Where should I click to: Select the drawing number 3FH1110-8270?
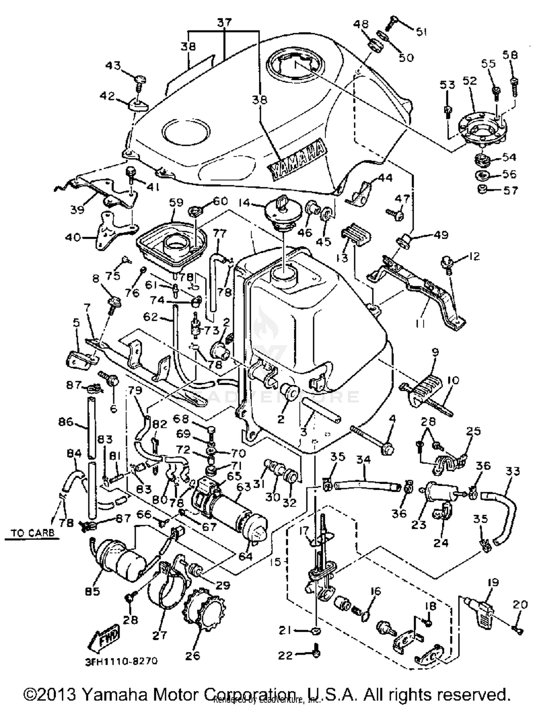coord(121,661)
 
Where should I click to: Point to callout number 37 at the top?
coord(225,22)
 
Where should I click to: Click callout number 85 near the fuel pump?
coord(92,591)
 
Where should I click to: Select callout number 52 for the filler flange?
coord(469,81)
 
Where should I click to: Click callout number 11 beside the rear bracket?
coord(420,323)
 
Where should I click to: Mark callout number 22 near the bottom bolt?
coord(285,655)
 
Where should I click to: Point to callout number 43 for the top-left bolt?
coord(113,66)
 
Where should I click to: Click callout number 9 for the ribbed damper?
coord(435,352)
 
